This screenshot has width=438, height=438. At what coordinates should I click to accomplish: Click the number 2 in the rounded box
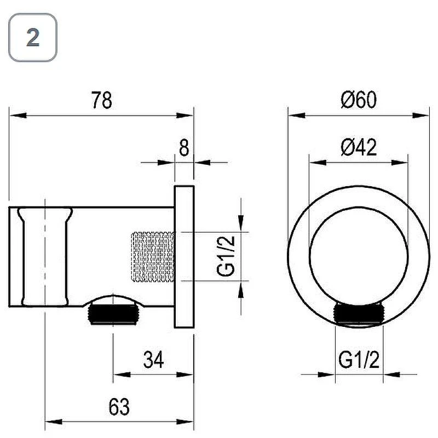33,38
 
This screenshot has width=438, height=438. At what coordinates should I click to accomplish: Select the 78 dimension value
102,100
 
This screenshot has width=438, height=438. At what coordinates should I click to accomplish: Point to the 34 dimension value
153,360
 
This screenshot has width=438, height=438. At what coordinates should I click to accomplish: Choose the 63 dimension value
119,407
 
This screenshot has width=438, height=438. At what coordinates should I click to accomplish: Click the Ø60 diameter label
359,100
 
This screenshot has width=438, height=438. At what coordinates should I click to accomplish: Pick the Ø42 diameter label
359,147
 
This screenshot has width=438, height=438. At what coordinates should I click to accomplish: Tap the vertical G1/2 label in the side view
226,256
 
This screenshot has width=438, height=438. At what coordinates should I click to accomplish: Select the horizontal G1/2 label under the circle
359,360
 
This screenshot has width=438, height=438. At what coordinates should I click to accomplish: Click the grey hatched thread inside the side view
153,256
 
